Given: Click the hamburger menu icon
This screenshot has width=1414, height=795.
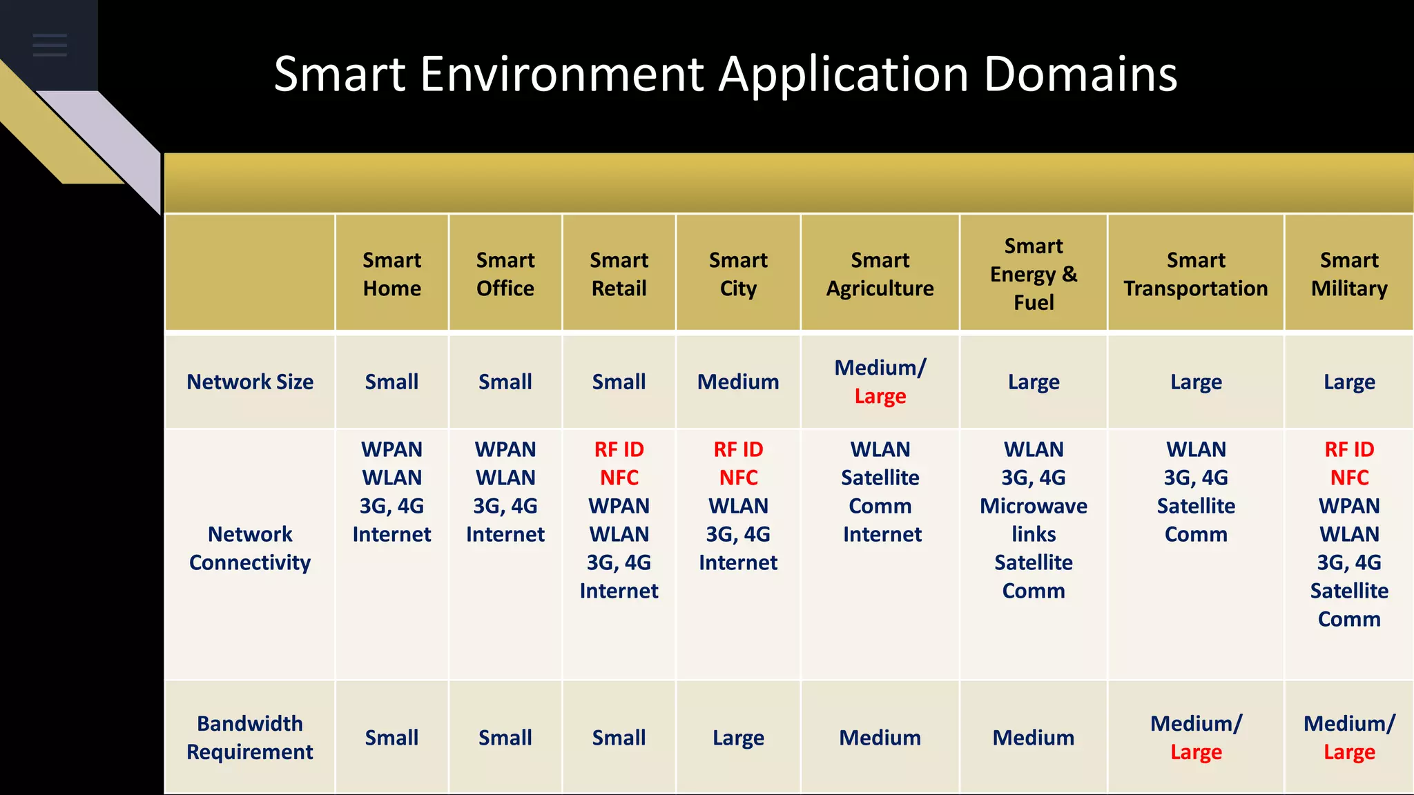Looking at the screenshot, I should [50, 45].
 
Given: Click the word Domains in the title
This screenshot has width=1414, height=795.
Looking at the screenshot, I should [1080, 74].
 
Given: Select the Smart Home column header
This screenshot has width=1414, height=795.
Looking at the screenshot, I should [391, 274].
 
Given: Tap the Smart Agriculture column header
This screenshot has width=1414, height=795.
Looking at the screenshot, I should [880, 274].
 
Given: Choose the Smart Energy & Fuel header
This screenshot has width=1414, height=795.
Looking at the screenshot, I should [1033, 274].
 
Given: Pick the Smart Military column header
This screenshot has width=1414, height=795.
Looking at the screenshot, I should [1348, 274].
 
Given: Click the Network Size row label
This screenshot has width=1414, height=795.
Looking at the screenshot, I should [250, 382].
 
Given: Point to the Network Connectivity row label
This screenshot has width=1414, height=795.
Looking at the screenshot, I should [250, 548].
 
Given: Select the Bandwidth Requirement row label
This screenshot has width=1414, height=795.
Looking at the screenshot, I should [250, 737].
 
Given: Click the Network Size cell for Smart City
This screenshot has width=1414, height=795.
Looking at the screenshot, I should [738, 382].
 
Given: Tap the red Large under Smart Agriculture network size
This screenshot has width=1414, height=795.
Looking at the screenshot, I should [880, 396].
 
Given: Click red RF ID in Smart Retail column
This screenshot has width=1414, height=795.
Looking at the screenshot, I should [619, 449].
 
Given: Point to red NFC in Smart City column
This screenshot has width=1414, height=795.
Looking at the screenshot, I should [738, 478].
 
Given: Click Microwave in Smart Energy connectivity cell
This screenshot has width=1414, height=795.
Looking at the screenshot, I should [1033, 506].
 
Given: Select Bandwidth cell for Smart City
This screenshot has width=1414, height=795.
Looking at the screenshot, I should [738, 738].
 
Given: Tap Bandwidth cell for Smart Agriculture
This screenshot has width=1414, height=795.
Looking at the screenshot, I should [880, 738].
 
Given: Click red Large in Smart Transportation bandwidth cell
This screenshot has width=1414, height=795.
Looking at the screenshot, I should [1196, 752].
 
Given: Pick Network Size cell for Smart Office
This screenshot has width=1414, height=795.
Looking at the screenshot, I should [505, 382].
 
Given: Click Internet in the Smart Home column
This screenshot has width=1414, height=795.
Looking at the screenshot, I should [391, 534].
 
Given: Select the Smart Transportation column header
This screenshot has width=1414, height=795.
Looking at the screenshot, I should [1195, 274].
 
